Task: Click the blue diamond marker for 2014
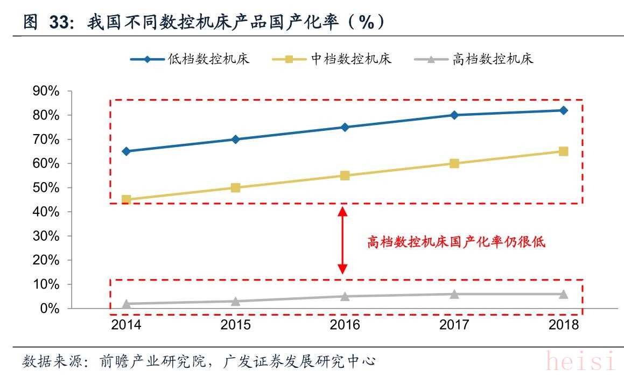(x=127, y=151)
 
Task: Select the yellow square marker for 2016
(x=345, y=176)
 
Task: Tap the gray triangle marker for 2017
(x=454, y=294)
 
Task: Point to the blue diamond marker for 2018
(x=563, y=110)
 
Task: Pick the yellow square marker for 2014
(x=127, y=200)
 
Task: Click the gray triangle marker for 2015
(x=235, y=301)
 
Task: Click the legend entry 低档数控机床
(x=208, y=59)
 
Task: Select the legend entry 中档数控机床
(x=351, y=59)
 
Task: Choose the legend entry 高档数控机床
(x=493, y=59)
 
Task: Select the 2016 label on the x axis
(x=345, y=325)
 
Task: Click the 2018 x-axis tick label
(x=563, y=325)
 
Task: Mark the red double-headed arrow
(x=342, y=241)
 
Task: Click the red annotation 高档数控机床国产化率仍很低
(x=456, y=242)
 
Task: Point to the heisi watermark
(x=580, y=361)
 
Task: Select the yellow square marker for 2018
(x=563, y=151)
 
